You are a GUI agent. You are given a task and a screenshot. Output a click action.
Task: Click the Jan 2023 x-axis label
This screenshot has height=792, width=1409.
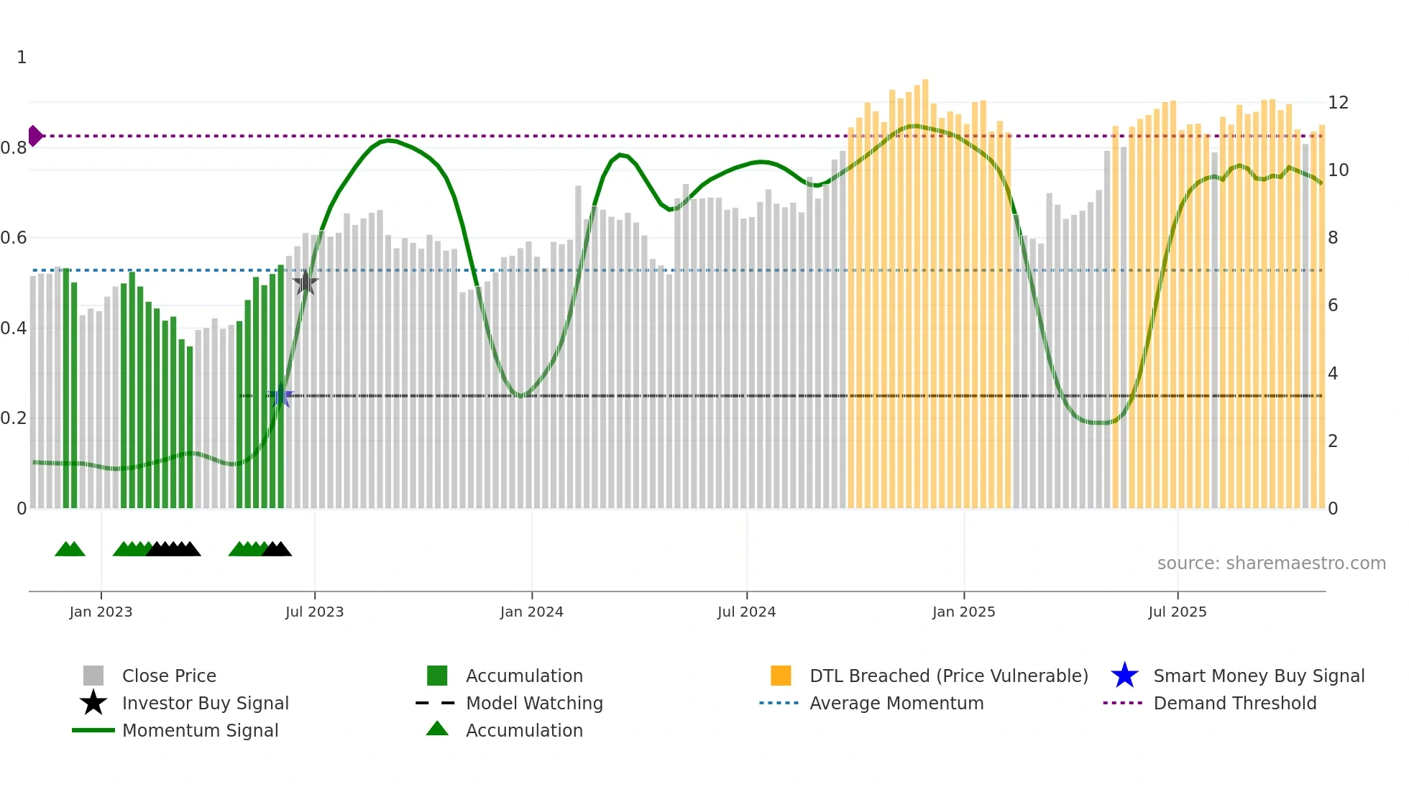[x=101, y=612]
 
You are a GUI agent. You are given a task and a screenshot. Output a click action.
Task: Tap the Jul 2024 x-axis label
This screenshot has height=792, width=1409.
[x=746, y=612]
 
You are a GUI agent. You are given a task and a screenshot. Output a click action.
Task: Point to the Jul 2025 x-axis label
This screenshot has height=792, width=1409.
[x=1177, y=612]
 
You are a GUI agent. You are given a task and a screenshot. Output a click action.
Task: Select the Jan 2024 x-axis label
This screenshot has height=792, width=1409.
[x=531, y=612]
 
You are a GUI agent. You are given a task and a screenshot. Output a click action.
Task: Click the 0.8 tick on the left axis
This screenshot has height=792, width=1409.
[x=14, y=148]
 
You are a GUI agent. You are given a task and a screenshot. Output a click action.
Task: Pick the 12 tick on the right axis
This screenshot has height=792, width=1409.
[x=1338, y=103]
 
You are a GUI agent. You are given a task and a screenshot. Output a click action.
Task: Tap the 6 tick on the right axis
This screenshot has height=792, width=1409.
[x=1333, y=305]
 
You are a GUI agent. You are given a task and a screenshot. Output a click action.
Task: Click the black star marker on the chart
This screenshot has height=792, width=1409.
[x=306, y=282]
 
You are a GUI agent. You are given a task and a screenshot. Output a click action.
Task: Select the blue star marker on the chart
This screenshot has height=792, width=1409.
[x=281, y=395]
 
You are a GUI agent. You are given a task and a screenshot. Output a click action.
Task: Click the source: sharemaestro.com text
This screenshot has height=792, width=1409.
[x=1271, y=563]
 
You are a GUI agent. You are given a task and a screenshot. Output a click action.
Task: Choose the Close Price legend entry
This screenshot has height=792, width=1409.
[x=169, y=676]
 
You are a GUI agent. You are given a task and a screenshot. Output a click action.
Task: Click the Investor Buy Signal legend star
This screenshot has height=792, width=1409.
[x=93, y=703]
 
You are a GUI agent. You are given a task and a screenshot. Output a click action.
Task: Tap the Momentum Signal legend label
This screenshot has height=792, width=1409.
[x=200, y=730]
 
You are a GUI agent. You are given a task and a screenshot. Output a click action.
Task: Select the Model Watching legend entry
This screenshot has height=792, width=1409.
[x=534, y=703]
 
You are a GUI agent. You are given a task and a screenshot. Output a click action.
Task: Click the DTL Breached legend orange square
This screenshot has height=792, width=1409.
[x=781, y=676]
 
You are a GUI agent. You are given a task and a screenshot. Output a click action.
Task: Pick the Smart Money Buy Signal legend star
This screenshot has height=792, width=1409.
[x=1124, y=676]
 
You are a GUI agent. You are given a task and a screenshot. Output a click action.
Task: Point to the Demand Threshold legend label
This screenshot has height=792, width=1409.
[x=1234, y=703]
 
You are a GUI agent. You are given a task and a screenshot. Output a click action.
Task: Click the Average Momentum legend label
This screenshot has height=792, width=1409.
[x=896, y=703]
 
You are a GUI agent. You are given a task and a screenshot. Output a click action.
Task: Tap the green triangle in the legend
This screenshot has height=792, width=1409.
[x=437, y=729]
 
